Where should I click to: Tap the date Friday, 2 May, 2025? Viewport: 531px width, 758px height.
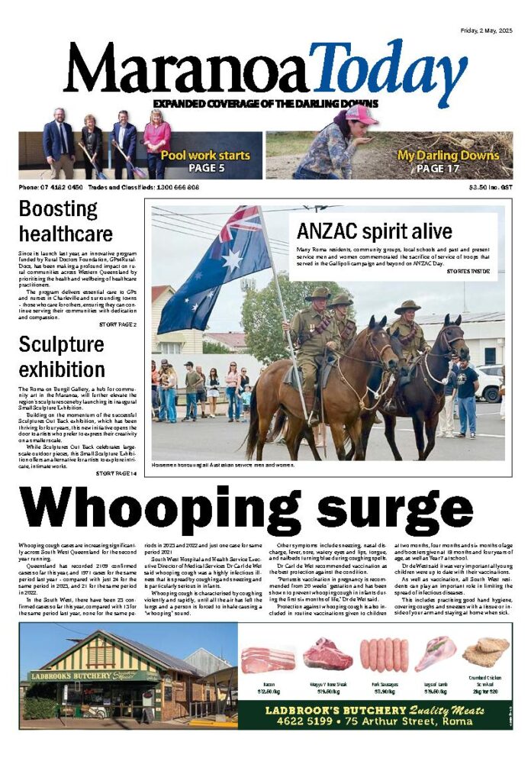(486, 31)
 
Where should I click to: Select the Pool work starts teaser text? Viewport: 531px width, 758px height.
(205, 155)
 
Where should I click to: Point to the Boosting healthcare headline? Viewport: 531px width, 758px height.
(66, 221)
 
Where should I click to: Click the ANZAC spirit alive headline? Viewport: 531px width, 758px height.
(375, 231)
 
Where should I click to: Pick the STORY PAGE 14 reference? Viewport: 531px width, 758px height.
(116, 473)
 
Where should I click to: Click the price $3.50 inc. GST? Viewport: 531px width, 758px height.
(491, 187)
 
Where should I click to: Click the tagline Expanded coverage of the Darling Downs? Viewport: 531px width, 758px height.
(265, 103)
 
